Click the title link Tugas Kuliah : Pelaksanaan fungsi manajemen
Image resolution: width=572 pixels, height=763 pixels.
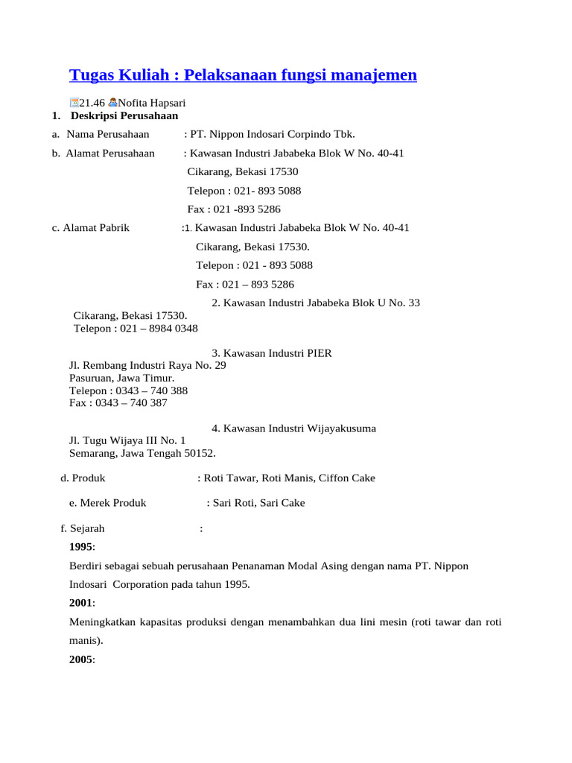pos(243,75)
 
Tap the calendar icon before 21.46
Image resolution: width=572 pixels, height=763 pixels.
pos(74,103)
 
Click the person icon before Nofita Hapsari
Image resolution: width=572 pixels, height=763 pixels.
pos(112,103)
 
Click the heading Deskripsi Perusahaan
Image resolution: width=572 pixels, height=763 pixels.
pos(124,115)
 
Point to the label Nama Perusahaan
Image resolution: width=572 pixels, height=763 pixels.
pos(107,134)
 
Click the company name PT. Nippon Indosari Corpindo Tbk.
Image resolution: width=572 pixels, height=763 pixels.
pos(273,134)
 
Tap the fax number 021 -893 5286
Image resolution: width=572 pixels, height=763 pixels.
pos(247,209)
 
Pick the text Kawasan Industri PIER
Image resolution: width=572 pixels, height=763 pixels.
pos(277,353)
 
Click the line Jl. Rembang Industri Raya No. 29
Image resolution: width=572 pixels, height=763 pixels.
pos(147,366)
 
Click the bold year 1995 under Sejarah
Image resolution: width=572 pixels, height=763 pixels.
pos(81,547)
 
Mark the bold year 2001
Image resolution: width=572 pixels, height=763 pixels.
pos(81,603)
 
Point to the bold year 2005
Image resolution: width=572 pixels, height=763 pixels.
pos(81,659)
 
